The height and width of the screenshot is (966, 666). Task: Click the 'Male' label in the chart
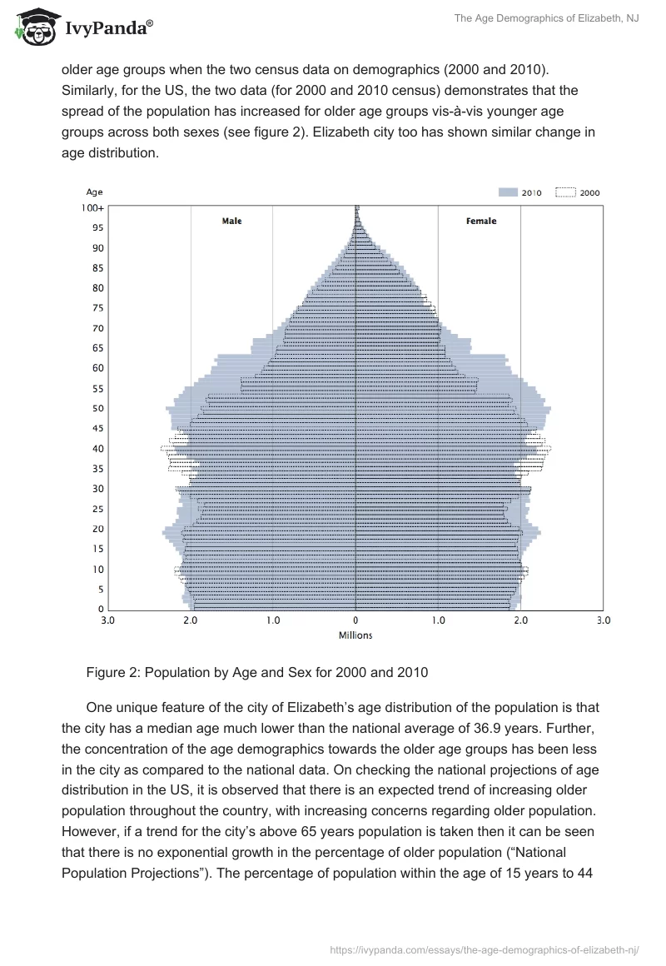point(231,221)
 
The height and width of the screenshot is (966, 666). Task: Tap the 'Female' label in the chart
point(480,221)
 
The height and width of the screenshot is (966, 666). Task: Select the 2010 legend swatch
point(508,192)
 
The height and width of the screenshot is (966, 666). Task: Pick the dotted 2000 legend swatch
point(565,192)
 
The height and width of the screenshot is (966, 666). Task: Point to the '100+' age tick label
point(92,207)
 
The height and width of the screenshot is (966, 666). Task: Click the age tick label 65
point(97,348)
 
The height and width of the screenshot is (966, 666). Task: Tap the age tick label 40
point(97,448)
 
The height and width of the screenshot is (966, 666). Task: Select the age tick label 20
point(97,529)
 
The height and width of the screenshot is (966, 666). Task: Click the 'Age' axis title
point(95,192)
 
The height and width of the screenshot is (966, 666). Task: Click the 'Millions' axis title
point(355,635)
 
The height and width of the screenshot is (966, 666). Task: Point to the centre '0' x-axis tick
point(355,620)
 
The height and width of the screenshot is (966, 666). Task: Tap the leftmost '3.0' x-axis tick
point(107,620)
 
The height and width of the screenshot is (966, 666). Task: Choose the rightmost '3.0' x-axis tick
point(604,620)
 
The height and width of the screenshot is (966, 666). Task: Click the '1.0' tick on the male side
point(273,620)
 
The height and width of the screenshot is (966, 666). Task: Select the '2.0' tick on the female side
point(521,620)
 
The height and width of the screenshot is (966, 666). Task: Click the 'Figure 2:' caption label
point(112,672)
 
